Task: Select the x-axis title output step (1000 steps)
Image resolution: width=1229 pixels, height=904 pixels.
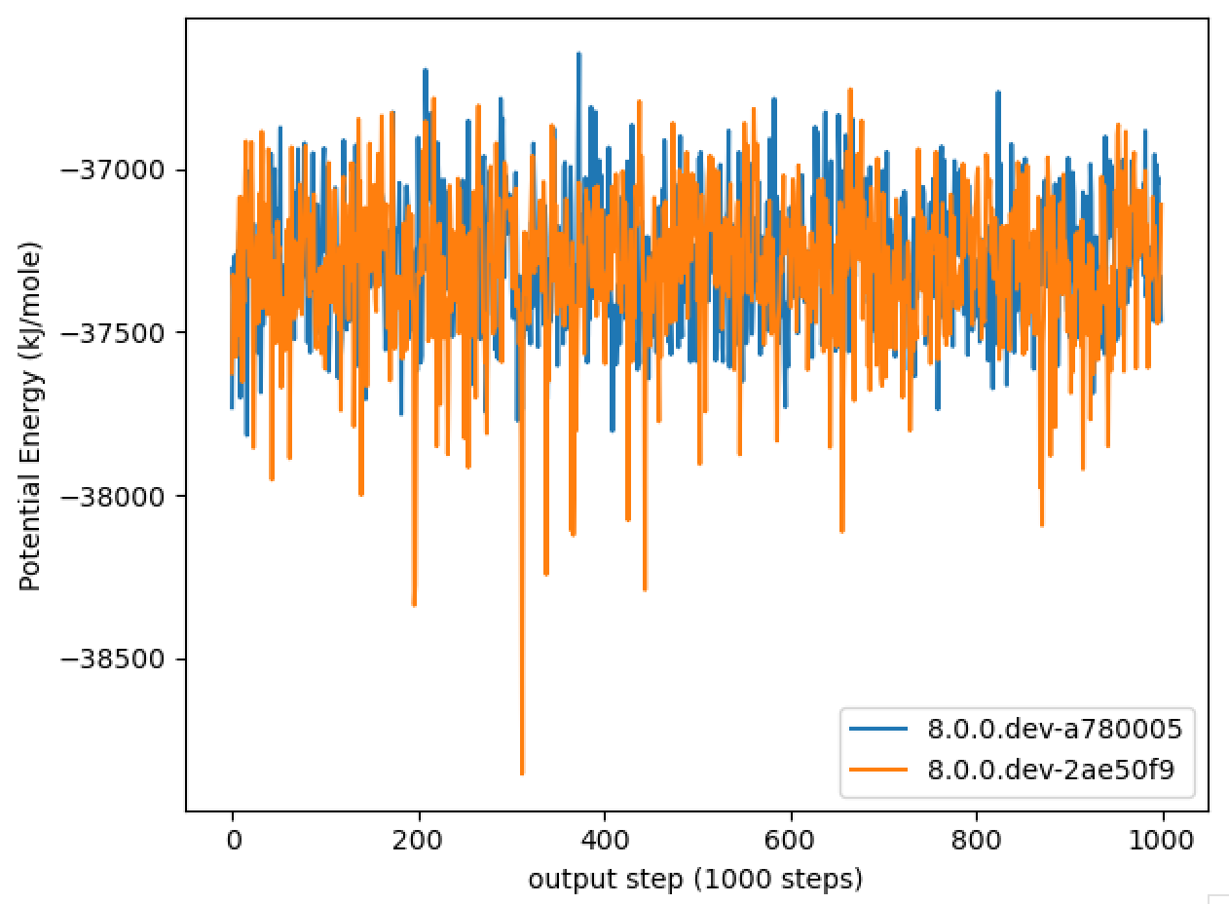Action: [695, 880]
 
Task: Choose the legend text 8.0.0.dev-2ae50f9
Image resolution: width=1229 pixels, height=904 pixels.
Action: [1048, 769]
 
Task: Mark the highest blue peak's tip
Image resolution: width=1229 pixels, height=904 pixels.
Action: [578, 54]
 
